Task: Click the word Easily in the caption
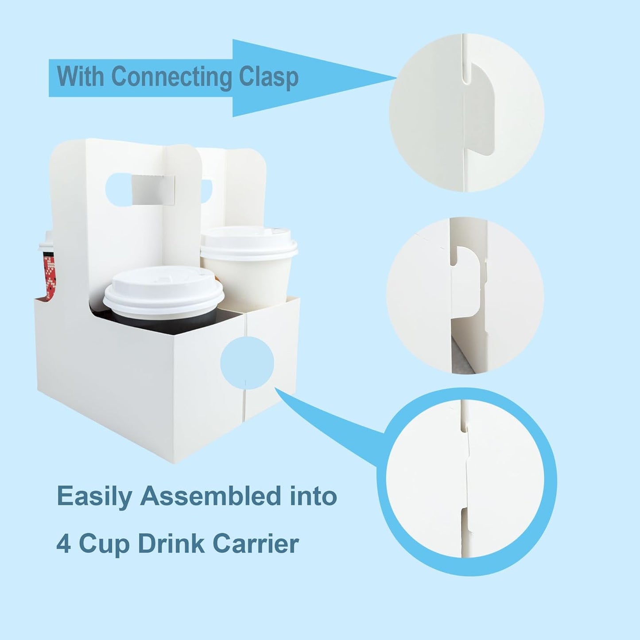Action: coord(95,496)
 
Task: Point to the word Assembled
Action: coord(211,496)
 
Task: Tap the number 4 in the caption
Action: coord(63,543)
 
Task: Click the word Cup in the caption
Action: coord(104,544)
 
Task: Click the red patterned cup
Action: coord(48,275)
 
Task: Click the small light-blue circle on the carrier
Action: coord(247,363)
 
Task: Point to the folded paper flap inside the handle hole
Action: coord(153,190)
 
